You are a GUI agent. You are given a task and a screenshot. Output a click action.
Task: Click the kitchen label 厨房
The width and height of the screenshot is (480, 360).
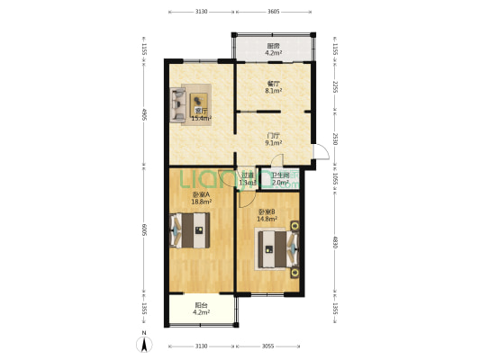click(273, 46)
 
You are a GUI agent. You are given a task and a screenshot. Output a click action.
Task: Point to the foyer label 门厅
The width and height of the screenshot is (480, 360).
click(273, 135)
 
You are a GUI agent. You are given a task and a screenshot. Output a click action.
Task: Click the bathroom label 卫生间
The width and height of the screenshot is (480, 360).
click(281, 175)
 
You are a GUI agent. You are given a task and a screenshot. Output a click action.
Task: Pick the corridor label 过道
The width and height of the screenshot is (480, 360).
click(248, 175)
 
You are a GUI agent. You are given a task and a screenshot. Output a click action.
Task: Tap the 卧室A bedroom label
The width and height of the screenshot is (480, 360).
click(201, 195)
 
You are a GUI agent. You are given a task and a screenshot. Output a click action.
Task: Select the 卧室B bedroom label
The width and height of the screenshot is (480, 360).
click(267, 212)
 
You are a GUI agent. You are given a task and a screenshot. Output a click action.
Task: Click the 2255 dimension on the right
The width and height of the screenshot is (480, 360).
click(334, 86)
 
